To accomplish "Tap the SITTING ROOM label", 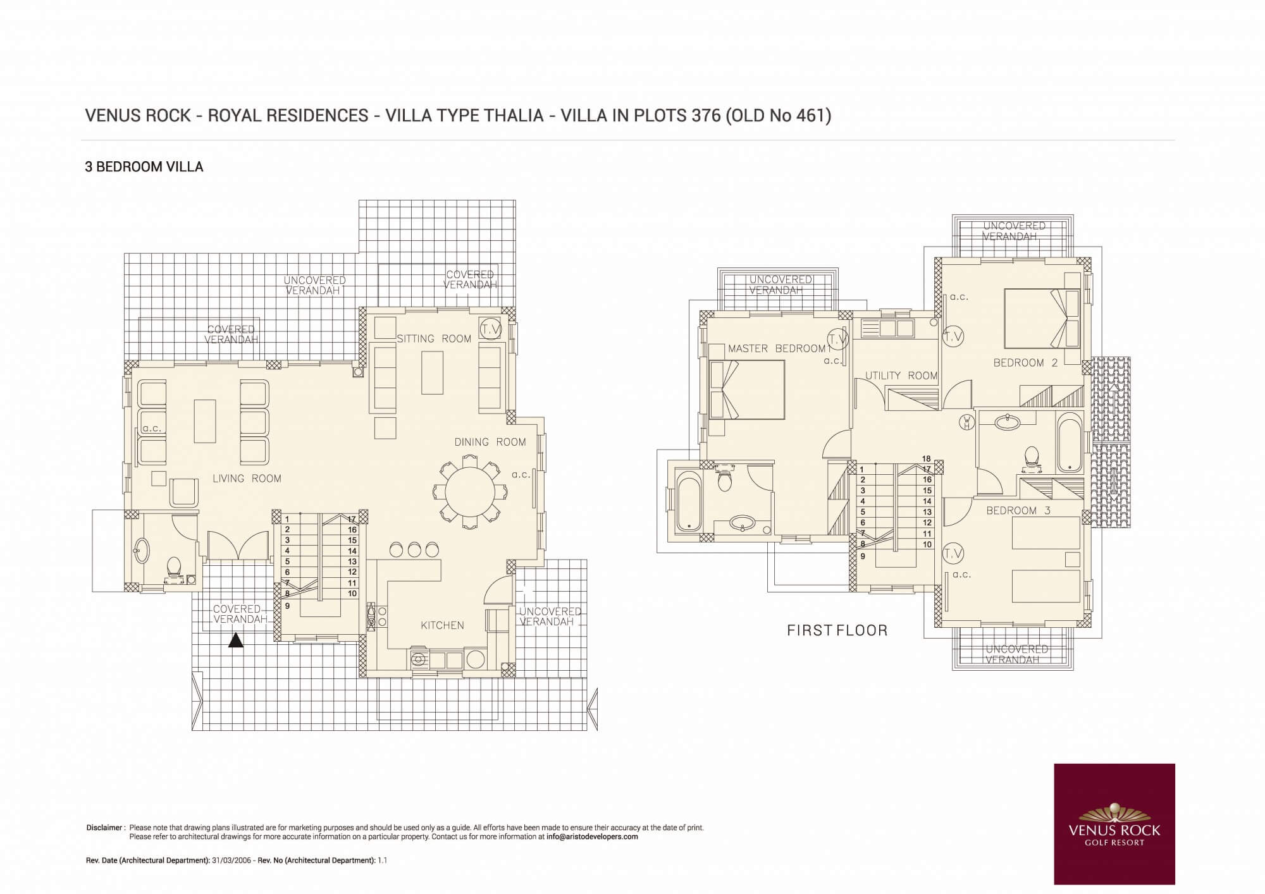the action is click(434, 339).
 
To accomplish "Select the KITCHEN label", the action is click(442, 625).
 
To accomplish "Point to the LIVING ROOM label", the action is click(247, 479).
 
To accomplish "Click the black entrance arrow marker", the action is click(236, 640).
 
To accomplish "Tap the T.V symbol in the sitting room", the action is click(490, 329).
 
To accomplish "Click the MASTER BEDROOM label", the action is click(777, 348).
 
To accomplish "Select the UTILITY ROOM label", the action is click(901, 376).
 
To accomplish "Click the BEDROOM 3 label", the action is click(1018, 510).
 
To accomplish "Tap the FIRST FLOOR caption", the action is click(837, 630).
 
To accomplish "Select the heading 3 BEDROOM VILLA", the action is click(144, 167).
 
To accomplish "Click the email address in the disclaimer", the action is click(592, 836).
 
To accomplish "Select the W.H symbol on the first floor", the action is click(967, 422).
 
